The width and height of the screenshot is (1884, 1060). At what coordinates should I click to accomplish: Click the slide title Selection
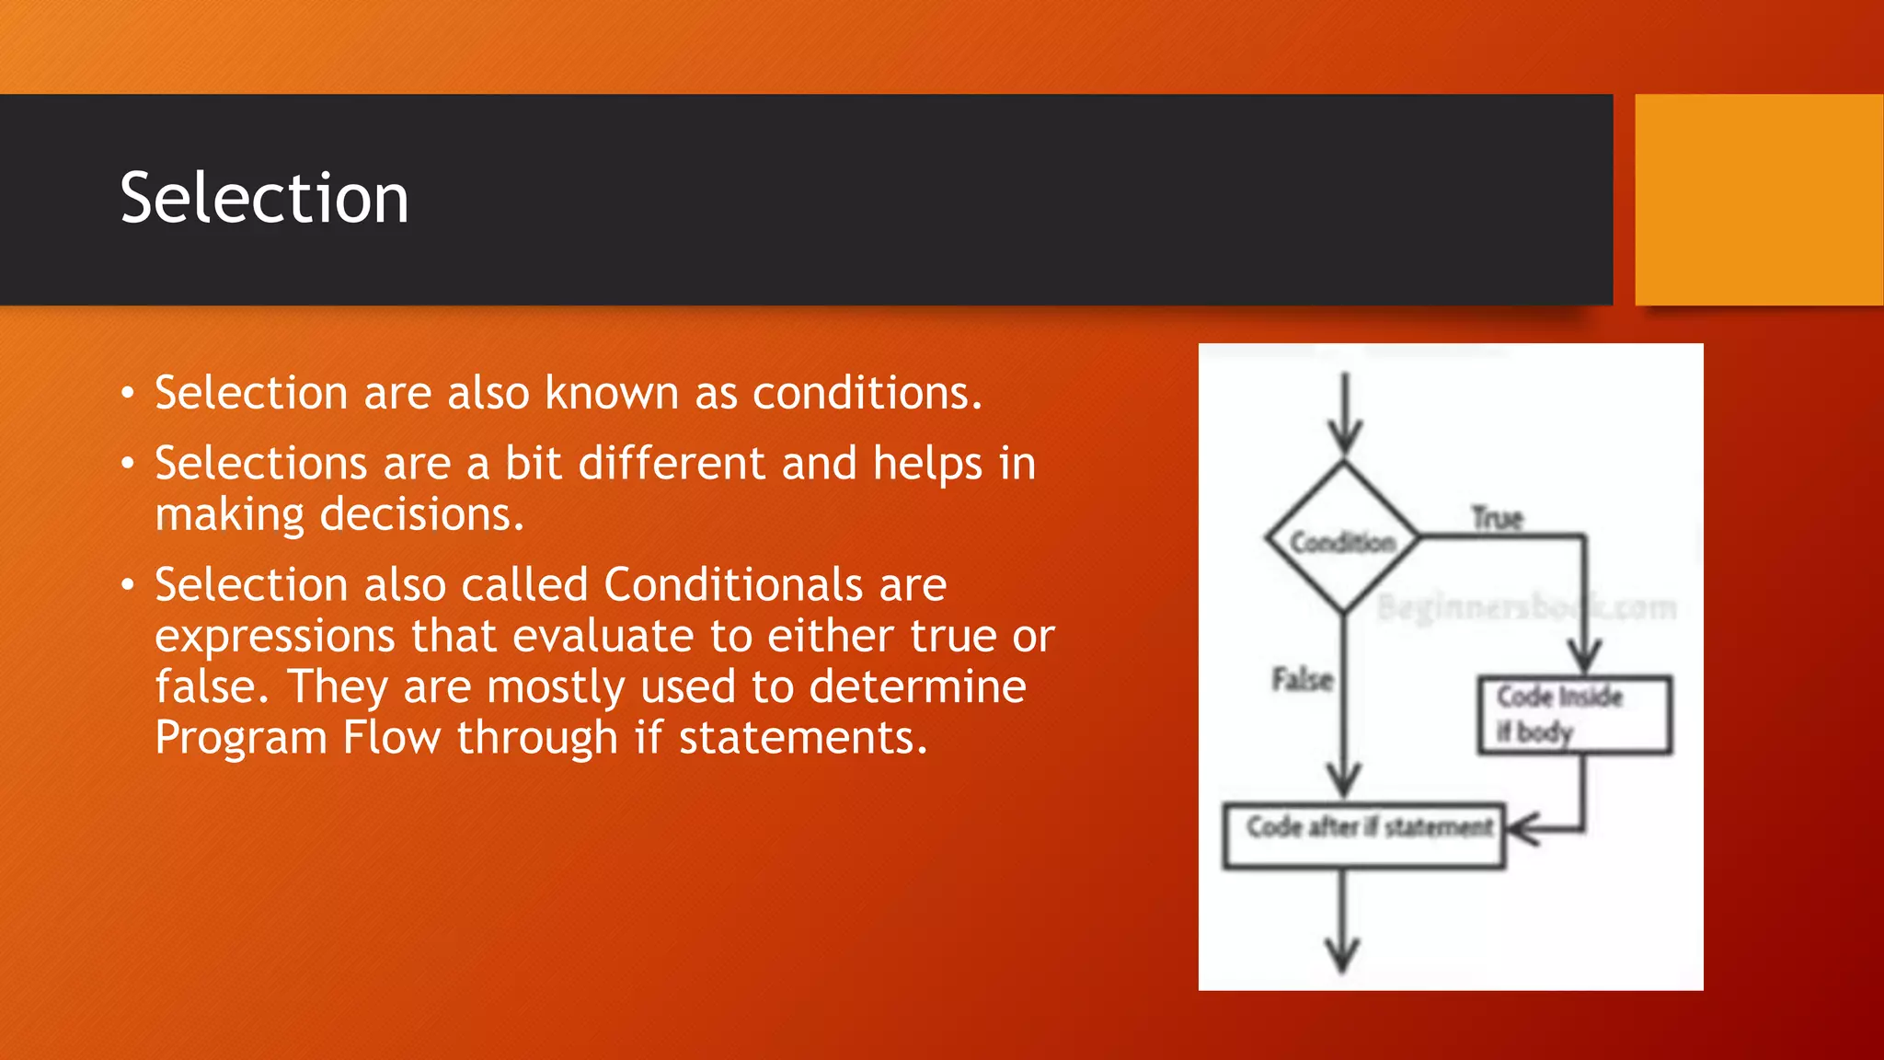coord(264,199)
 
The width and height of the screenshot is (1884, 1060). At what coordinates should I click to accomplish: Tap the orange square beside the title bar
coord(1758,200)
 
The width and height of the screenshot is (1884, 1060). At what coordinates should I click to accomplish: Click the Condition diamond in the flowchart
coord(1342,541)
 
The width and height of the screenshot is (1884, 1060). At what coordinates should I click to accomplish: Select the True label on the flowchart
coord(1497,518)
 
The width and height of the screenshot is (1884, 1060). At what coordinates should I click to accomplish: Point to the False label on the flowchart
coord(1302,680)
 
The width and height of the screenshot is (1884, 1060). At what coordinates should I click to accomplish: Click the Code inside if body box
coord(1574,715)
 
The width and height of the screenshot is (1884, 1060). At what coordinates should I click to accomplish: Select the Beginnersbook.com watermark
coord(1526,607)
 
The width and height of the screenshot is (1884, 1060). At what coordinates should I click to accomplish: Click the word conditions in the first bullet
coord(867,393)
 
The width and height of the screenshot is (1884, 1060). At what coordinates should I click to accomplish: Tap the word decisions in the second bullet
coord(420,514)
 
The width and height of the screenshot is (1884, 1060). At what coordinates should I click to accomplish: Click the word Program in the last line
coord(241,738)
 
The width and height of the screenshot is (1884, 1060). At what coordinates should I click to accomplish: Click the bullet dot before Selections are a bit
coord(128,464)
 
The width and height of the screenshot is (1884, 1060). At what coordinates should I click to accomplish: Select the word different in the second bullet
coord(672,463)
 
